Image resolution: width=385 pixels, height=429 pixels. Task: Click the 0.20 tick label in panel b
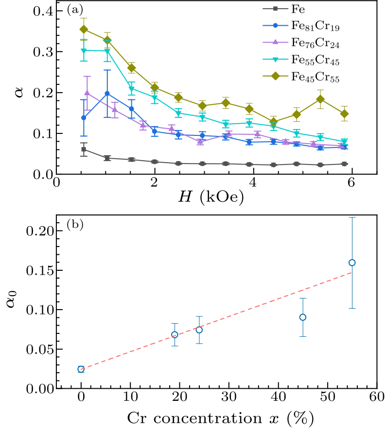click(x=39, y=231)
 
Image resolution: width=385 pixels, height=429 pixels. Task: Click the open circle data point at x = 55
click(x=352, y=263)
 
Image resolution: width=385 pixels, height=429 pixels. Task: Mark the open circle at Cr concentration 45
click(x=303, y=317)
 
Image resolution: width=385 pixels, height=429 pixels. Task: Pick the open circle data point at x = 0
click(x=81, y=369)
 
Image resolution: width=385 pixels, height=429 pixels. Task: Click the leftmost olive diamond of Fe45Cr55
click(x=84, y=29)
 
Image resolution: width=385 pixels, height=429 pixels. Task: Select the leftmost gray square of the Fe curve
click(x=84, y=149)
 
